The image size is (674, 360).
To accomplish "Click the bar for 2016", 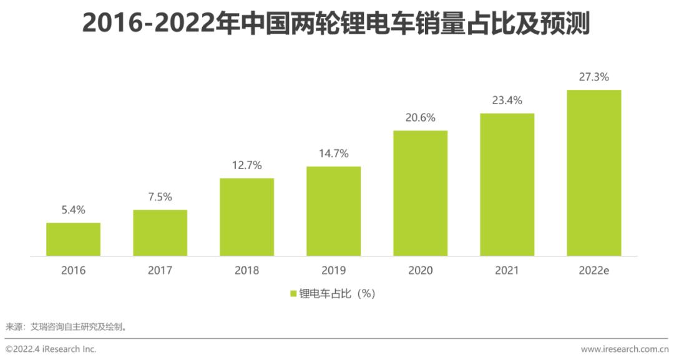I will (x=73, y=239).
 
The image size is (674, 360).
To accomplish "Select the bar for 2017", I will (x=160, y=233).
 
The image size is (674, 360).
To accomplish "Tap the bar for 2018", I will (x=247, y=216).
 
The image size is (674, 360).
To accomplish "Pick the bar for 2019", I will (x=333, y=211).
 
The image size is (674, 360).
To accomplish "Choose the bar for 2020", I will (x=420, y=193).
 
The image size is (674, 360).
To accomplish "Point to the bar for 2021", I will (x=507, y=184).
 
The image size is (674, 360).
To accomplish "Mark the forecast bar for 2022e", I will (x=593, y=172).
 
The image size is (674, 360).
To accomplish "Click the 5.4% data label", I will (x=73, y=210).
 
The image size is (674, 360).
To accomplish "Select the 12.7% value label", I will (x=247, y=165).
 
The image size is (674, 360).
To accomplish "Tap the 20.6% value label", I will (x=420, y=118).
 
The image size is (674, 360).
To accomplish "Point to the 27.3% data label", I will (x=593, y=77).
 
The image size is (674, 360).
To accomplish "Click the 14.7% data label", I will (x=333, y=153).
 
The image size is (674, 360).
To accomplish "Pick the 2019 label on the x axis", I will (x=333, y=271).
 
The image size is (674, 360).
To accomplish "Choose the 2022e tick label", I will (x=593, y=271).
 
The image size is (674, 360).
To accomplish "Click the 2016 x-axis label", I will (x=73, y=271).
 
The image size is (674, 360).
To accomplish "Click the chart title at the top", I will (x=336, y=24).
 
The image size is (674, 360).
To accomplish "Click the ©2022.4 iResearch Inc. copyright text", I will (x=51, y=349).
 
